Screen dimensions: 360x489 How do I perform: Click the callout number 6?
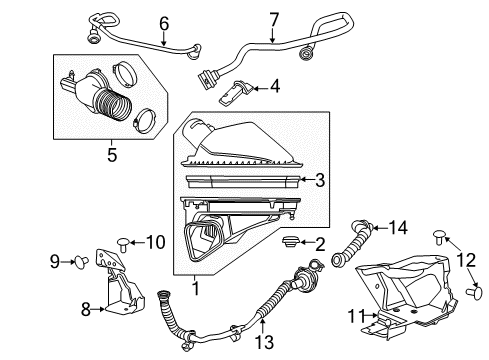[x=163, y=22]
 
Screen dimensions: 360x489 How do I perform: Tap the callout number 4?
[x=273, y=87]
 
